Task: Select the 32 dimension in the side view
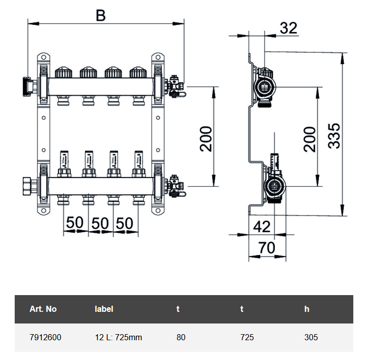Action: tap(288, 28)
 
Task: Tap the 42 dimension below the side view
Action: tap(262, 227)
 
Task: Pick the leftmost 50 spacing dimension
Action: tap(75, 223)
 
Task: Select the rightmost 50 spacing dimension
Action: tap(125, 223)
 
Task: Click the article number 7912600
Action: tap(46, 337)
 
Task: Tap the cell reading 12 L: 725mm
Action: tap(118, 337)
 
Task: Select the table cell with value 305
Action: tap(311, 337)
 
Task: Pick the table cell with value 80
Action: tap(181, 337)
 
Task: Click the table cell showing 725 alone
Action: tap(247, 337)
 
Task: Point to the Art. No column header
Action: tap(43, 309)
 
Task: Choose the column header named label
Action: tap(104, 309)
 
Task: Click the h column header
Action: tap(307, 309)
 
